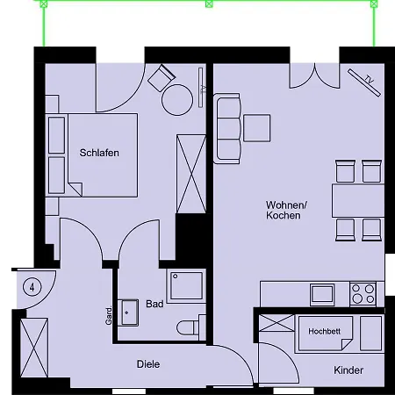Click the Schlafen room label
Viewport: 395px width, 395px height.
(x=99, y=153)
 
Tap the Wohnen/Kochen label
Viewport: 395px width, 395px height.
(x=286, y=210)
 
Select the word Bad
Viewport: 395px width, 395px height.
(x=154, y=304)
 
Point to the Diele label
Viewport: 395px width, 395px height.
(x=148, y=364)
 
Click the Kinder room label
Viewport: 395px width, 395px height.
(x=348, y=370)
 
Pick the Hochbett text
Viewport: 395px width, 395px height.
(x=324, y=331)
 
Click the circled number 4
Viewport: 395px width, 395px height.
(x=32, y=287)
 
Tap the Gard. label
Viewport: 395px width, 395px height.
(x=109, y=316)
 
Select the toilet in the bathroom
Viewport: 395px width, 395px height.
(x=191, y=327)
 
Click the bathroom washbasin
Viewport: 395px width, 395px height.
(x=128, y=312)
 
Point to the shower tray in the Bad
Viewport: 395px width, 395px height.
(x=186, y=285)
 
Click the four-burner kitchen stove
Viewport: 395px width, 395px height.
(x=363, y=294)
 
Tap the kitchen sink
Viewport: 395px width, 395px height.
(x=322, y=294)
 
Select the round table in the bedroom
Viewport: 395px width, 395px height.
(x=177, y=100)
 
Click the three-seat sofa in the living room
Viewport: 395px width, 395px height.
(x=228, y=128)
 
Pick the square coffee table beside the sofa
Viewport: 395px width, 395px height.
(x=257, y=128)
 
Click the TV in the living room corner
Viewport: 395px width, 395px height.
(x=364, y=83)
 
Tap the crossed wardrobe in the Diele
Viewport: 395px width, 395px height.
(x=34, y=348)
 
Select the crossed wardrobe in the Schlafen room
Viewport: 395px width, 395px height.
(x=191, y=174)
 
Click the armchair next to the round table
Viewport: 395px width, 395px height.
(x=162, y=78)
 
